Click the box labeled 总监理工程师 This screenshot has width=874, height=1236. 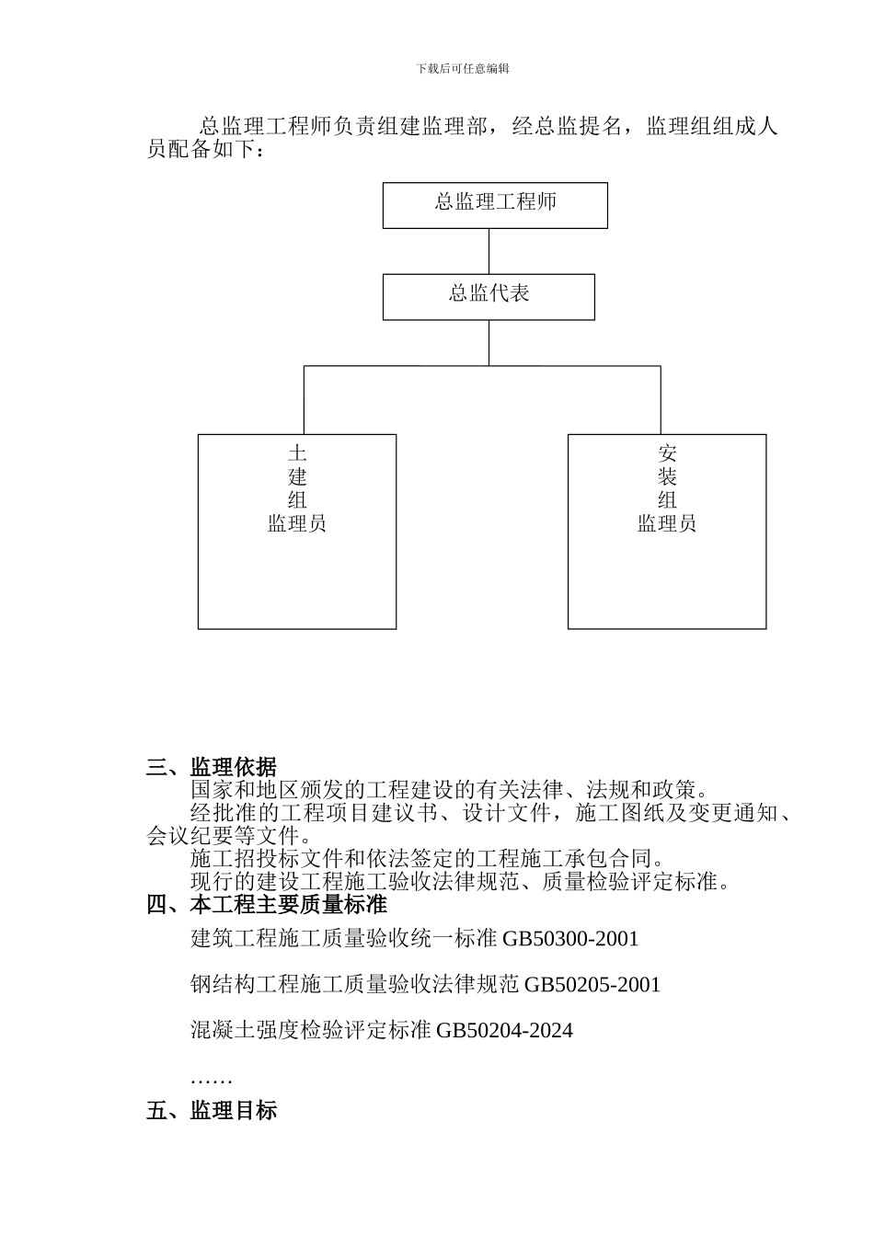tap(495, 204)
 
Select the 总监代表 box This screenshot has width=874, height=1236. tap(489, 296)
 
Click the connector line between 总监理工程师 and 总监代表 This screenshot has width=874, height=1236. tap(489, 250)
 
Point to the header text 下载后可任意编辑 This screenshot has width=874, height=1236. tap(463, 69)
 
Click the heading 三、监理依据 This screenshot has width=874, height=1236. tap(212, 767)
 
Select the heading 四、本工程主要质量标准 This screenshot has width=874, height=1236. tap(267, 905)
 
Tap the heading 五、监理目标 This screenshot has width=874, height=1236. tap(212, 1110)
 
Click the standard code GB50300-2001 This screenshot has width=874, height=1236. tap(570, 939)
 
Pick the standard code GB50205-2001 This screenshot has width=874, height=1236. tap(592, 985)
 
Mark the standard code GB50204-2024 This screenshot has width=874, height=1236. tap(504, 1031)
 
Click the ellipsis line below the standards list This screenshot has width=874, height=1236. tap(211, 1078)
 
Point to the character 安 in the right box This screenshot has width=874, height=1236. tap(667, 453)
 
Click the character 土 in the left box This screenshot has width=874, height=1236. tap(296, 453)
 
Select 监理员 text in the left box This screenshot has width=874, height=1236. tap(296, 524)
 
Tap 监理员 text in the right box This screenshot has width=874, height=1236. tap(667, 524)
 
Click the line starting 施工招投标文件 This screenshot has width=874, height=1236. tap(428, 859)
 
